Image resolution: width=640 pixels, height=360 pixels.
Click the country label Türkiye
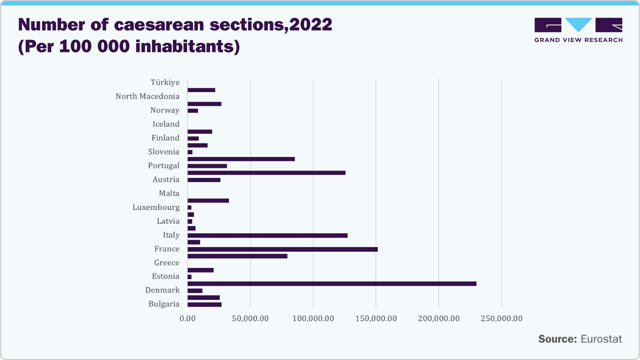[x=165, y=82]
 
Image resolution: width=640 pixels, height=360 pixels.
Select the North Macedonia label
[x=147, y=96]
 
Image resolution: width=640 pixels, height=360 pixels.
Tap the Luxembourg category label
[x=156, y=207]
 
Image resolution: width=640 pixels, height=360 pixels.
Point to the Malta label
[x=169, y=193]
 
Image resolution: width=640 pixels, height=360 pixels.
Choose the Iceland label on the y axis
[x=166, y=124]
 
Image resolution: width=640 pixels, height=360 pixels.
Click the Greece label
[x=167, y=262]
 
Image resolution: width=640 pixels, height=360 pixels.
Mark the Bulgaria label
[x=164, y=304]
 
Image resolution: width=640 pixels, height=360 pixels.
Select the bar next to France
[x=282, y=249]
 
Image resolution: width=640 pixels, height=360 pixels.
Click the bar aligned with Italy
[x=267, y=235]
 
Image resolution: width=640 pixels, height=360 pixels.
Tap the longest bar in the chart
[x=332, y=284]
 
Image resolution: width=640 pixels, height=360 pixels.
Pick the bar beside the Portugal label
[x=207, y=166]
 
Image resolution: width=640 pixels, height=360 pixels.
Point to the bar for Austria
[x=204, y=180]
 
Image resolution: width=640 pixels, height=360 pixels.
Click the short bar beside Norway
[x=192, y=111]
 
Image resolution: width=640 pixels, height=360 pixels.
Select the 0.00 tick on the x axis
[x=187, y=319]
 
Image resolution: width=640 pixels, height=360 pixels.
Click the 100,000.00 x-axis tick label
[x=313, y=319]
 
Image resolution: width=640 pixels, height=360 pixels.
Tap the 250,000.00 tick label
[x=501, y=319]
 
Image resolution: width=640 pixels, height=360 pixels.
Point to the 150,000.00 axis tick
[x=376, y=319]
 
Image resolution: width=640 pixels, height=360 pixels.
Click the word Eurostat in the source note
[x=601, y=339]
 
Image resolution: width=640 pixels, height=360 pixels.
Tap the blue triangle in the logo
[x=578, y=24]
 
